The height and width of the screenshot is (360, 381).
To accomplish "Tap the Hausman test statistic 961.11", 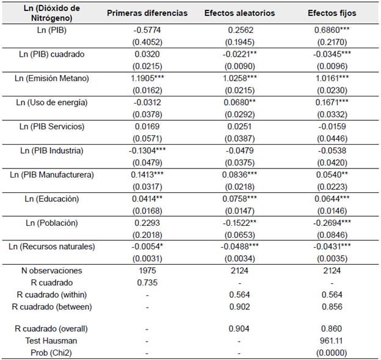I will [332, 340].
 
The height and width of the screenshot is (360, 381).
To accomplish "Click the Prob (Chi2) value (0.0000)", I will [332, 352].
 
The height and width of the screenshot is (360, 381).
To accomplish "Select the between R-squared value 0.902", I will [239, 306].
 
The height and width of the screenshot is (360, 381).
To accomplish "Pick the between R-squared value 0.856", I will [332, 306].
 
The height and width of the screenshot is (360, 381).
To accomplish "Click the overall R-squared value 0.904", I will [239, 329].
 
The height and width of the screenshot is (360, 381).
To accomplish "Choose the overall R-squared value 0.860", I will [332, 329].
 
